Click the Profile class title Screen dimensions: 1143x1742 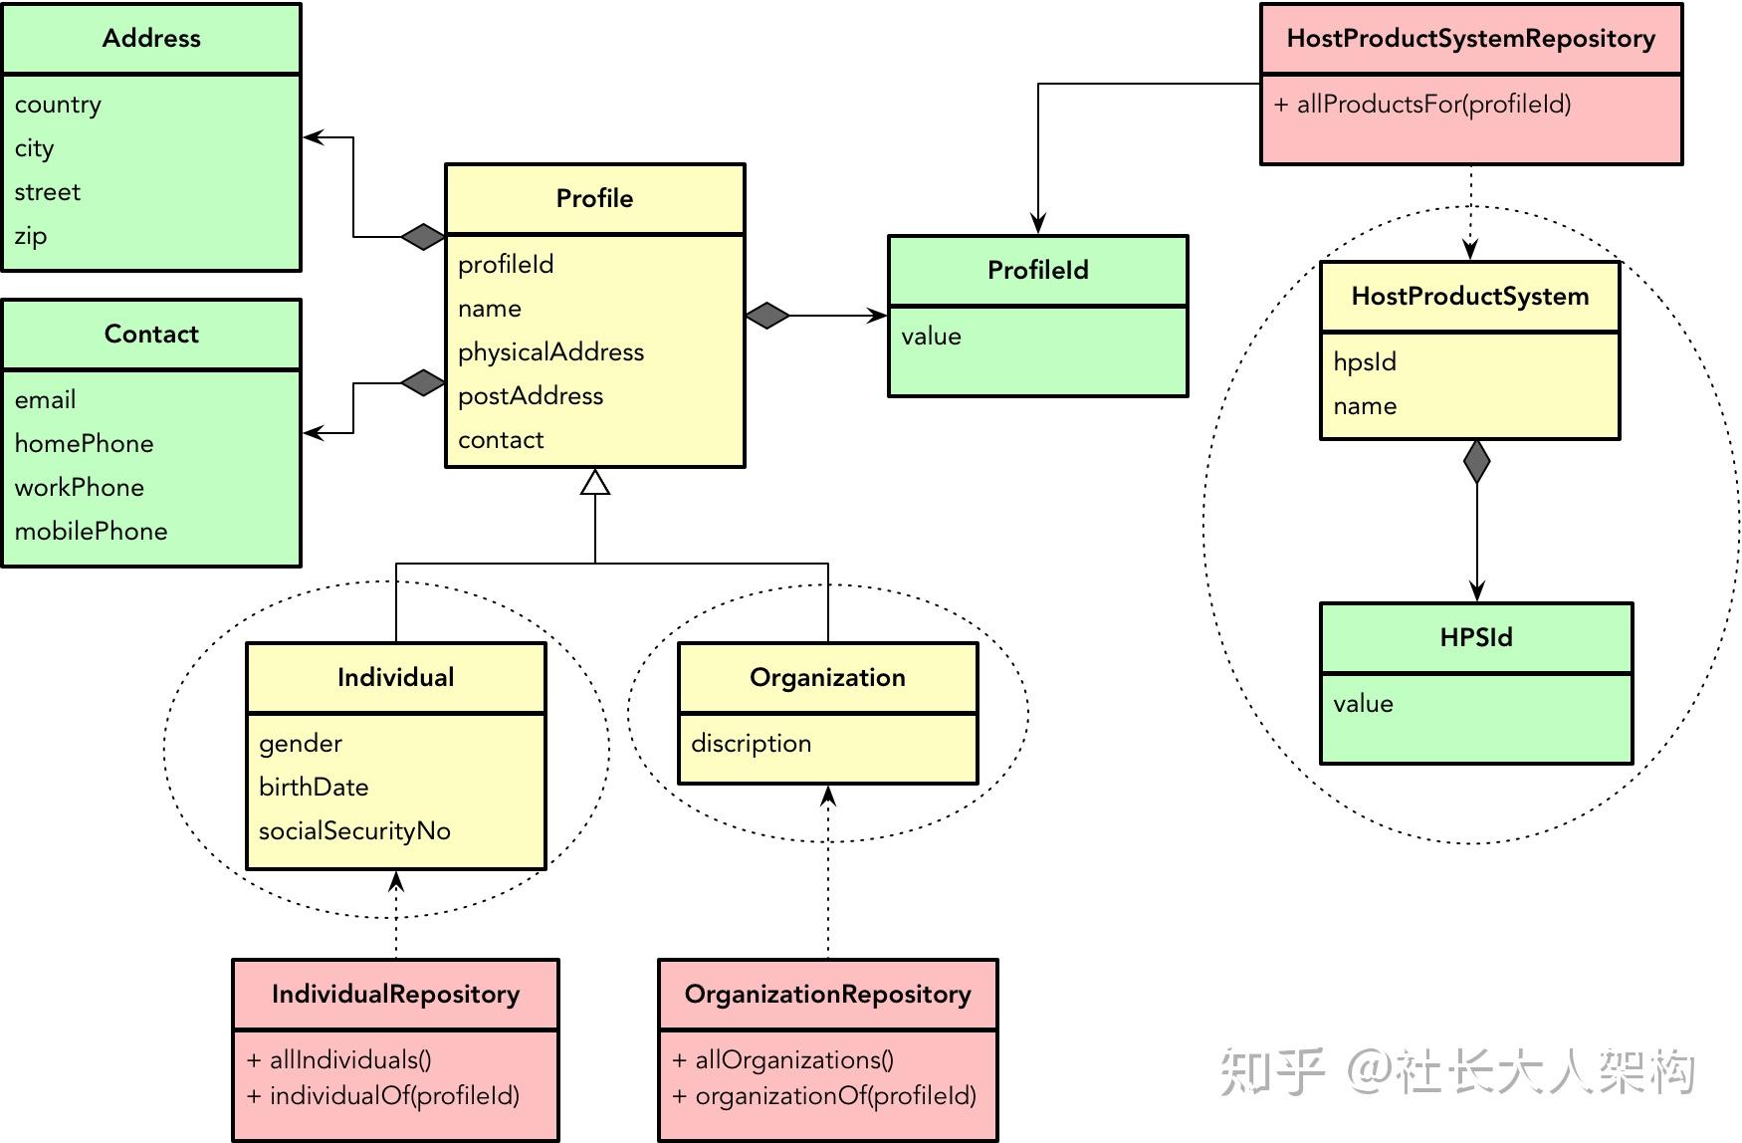[594, 198]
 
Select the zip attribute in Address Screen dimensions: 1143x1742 [31, 236]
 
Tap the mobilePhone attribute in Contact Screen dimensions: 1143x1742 [91, 531]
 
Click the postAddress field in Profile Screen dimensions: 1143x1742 [531, 395]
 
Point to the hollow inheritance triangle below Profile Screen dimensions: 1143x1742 [595, 483]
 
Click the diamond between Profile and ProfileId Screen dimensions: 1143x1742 [767, 316]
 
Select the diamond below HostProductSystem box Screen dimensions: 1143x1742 [1477, 462]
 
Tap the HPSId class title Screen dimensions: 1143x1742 [1475, 637]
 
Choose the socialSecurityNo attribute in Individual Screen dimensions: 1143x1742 [354, 830]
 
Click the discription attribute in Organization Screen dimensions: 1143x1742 [751, 744]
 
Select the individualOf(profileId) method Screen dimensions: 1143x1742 [383, 1096]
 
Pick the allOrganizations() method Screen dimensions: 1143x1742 [783, 1059]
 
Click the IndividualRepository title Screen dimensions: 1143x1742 [395, 994]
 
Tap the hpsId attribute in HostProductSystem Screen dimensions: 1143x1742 [1365, 361]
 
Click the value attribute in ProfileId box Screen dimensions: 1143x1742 [931, 337]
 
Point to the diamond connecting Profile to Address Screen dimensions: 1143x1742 [423, 236]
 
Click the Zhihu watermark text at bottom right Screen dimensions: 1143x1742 [1457, 1072]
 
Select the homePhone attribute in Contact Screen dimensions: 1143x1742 [84, 443]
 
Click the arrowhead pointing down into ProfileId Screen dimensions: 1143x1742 [1038, 224]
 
